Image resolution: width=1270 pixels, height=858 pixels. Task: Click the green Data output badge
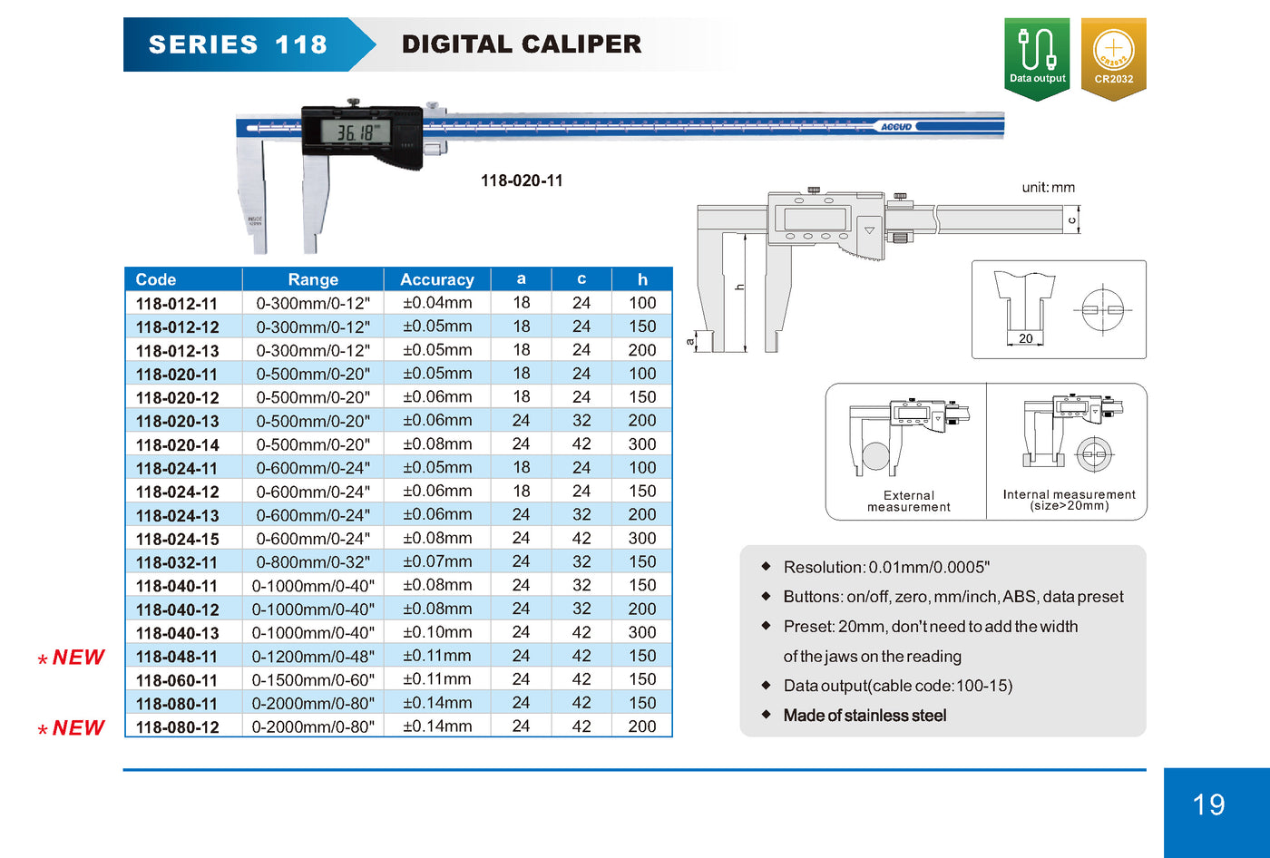pos(1037,59)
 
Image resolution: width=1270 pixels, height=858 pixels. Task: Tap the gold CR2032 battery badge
pos(1114,59)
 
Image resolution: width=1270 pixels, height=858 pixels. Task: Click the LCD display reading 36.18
pos(356,132)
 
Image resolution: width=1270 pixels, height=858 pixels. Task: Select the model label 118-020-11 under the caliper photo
pos(522,180)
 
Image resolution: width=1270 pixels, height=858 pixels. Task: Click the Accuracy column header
pos(437,279)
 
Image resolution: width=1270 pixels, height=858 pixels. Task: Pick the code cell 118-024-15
pos(178,539)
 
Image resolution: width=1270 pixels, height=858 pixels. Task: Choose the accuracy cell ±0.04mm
pos(437,303)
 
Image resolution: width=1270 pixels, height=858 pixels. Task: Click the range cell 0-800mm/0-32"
pos(313,561)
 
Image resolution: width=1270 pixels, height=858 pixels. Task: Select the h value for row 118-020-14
pos(642,444)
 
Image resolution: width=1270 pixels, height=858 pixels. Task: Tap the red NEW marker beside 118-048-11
pos(72,658)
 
